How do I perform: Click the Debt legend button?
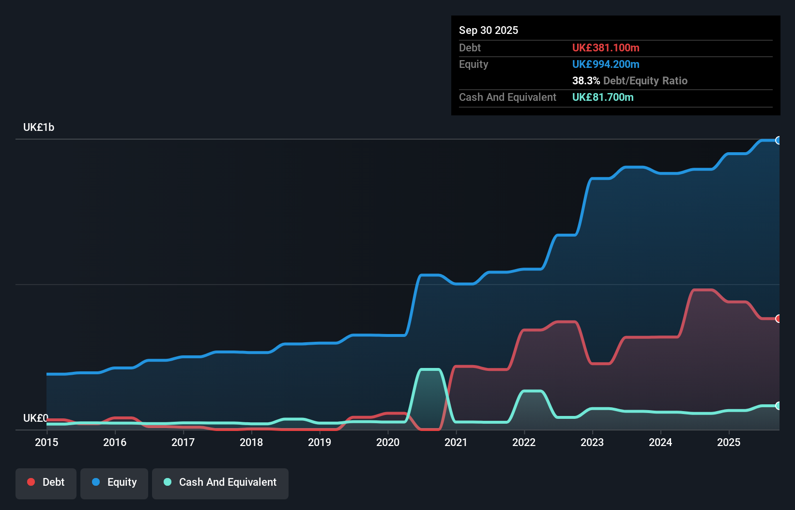point(46,482)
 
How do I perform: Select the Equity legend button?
point(114,482)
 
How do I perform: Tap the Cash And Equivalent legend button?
point(220,482)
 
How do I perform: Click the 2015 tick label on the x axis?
point(46,442)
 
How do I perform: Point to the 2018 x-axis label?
point(251,442)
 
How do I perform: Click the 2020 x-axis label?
point(388,442)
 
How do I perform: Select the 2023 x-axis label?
point(592,442)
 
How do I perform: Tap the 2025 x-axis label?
point(729,442)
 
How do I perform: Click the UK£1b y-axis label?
point(39,127)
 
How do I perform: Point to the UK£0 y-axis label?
point(35,418)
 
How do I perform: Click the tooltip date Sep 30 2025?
point(489,31)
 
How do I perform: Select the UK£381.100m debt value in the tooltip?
point(606,48)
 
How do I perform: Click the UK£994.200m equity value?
point(606,64)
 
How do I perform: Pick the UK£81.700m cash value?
point(603,97)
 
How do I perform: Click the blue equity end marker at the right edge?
point(778,141)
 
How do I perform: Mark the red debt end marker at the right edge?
point(778,319)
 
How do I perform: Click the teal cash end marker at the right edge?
point(778,406)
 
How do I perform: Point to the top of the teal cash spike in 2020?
point(430,370)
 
